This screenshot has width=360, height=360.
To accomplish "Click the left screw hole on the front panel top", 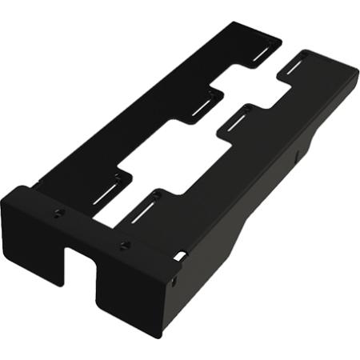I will click(x=59, y=212).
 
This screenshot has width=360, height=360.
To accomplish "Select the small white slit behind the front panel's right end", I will click(x=182, y=256).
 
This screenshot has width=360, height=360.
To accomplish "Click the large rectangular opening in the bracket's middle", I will click(x=168, y=160).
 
